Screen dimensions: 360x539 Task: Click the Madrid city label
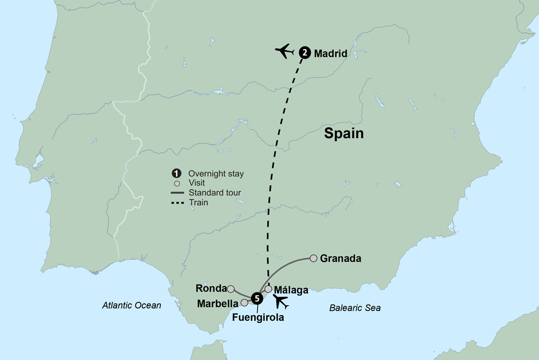click(330, 53)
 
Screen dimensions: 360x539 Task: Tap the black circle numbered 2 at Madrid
click(305, 52)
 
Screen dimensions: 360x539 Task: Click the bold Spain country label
click(344, 134)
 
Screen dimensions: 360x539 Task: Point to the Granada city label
click(340, 259)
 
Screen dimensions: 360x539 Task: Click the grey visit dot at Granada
click(313, 259)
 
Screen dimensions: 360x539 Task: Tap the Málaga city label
click(291, 290)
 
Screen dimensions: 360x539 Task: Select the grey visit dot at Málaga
click(268, 289)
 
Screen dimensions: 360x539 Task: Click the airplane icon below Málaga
click(281, 302)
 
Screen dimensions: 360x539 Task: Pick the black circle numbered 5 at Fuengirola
click(258, 297)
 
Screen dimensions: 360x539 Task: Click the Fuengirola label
click(258, 317)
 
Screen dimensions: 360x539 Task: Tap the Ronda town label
click(211, 288)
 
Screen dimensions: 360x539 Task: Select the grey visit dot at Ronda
click(231, 289)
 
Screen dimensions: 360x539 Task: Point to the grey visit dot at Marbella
click(244, 303)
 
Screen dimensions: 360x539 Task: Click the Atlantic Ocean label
click(132, 306)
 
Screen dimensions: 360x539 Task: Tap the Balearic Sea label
click(355, 308)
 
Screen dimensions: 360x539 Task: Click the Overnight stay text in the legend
click(216, 174)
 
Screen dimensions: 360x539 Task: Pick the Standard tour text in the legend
click(214, 193)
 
